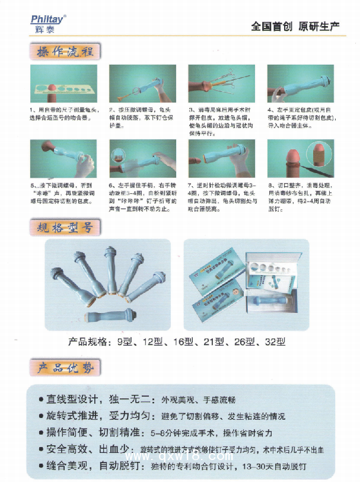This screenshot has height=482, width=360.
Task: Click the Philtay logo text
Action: click(x=47, y=18)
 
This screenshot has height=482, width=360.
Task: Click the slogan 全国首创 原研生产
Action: click(x=294, y=26)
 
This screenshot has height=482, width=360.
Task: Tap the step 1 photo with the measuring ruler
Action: click(x=63, y=84)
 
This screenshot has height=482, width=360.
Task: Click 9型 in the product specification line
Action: click(x=126, y=342)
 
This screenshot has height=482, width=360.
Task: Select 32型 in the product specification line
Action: click(x=275, y=342)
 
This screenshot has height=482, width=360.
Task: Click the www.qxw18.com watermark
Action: click(x=199, y=457)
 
